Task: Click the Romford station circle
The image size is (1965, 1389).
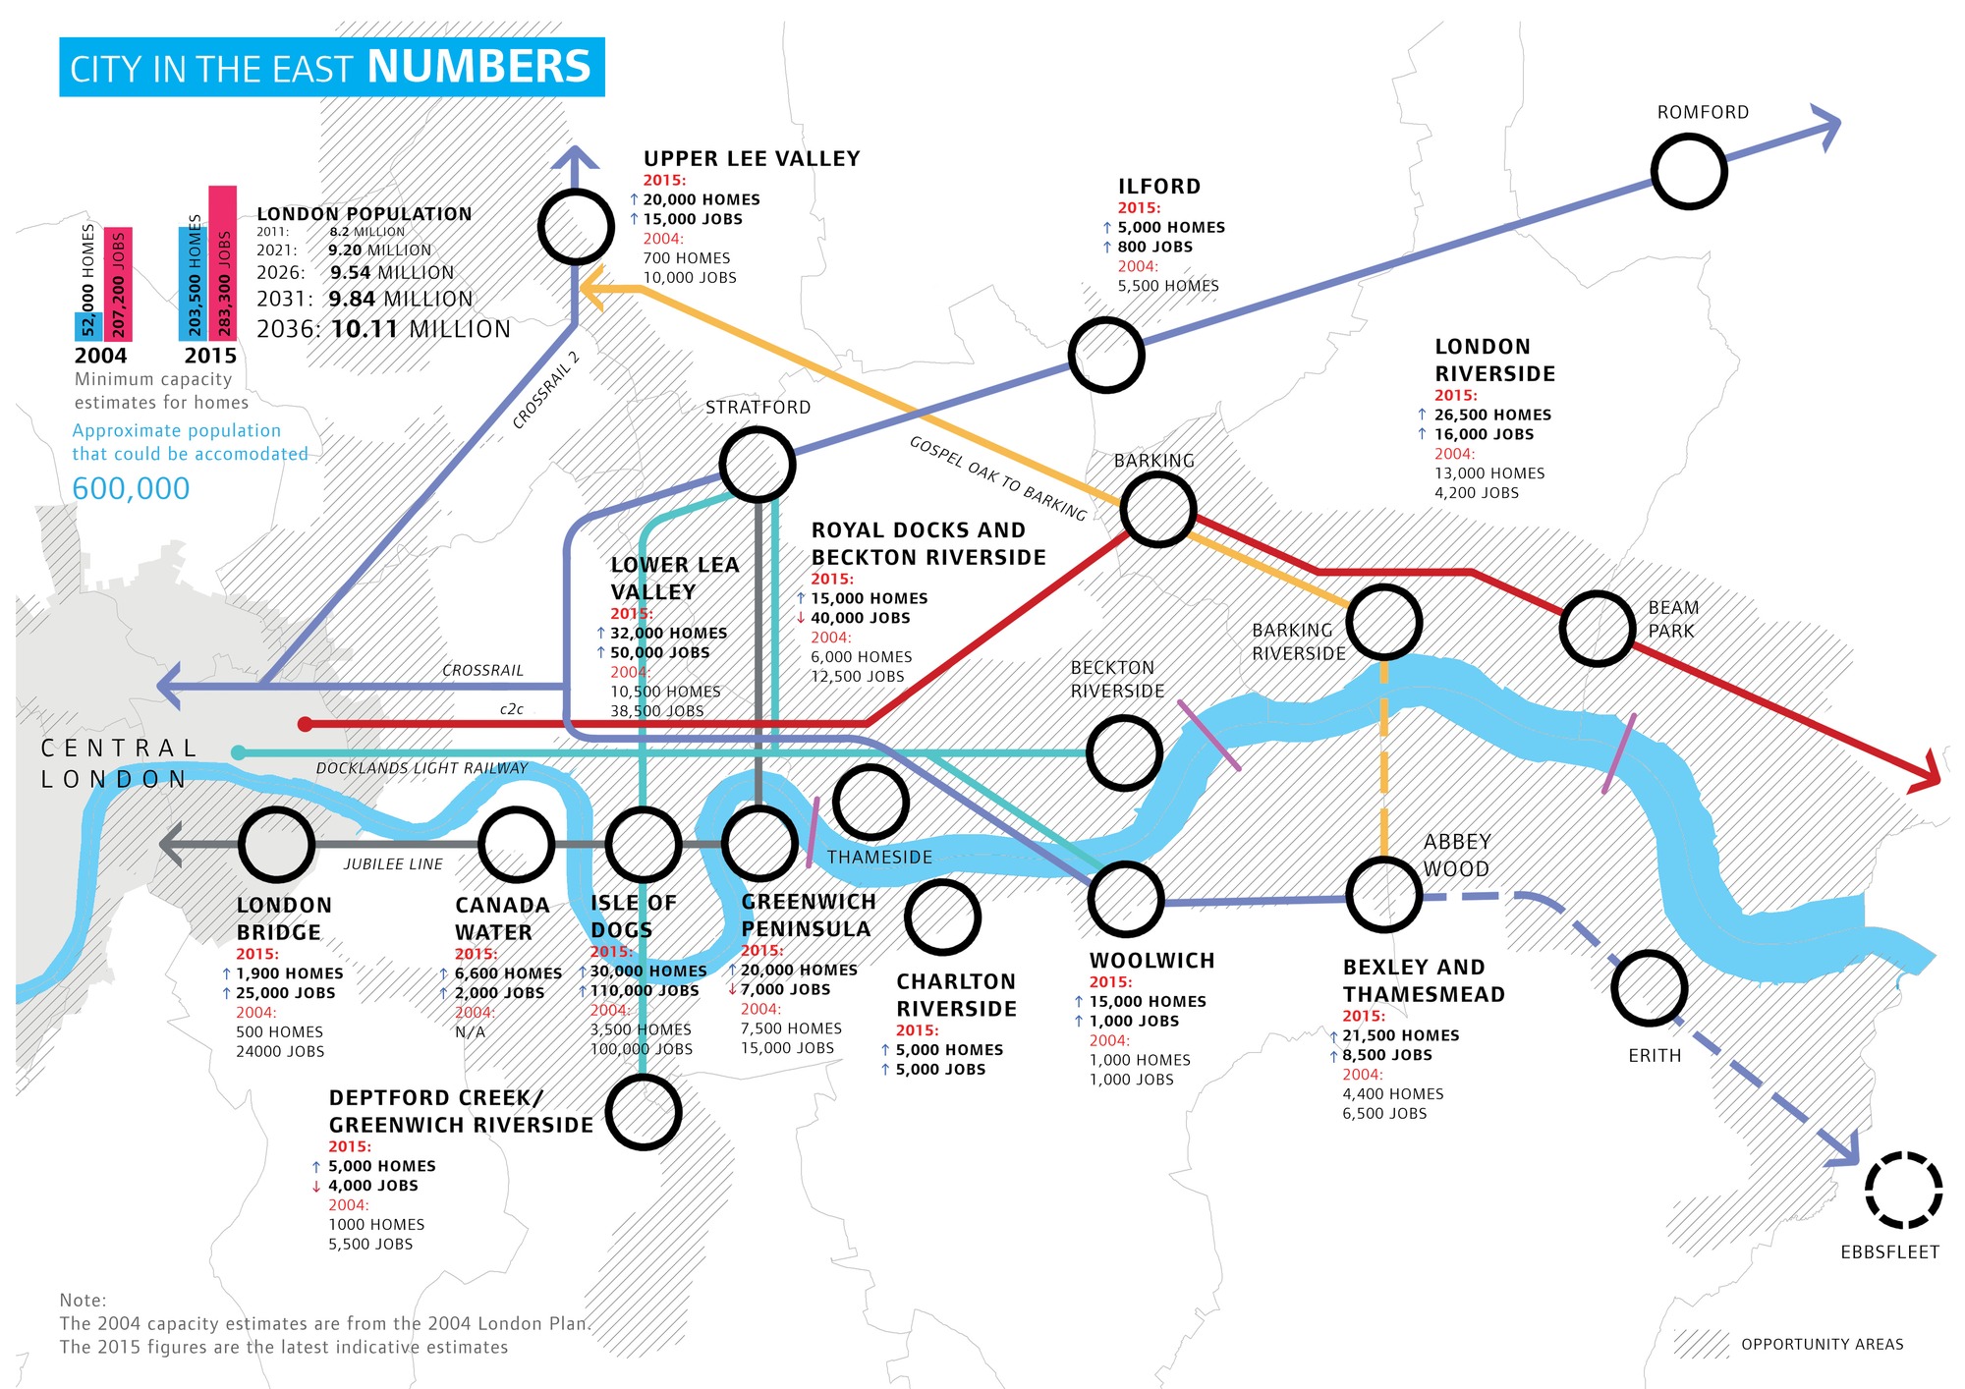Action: tap(1689, 172)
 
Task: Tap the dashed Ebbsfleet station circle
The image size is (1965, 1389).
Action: tap(1903, 1190)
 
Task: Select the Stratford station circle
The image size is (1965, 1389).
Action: tap(757, 465)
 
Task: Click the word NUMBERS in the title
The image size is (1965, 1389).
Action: tap(478, 67)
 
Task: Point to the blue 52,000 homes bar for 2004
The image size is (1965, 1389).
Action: tap(88, 326)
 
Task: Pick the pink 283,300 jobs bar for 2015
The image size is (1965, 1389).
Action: tap(223, 263)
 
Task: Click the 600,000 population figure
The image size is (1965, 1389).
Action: tap(131, 488)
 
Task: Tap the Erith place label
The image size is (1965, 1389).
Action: tap(1655, 1056)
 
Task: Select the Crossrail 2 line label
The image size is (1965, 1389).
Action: tap(546, 391)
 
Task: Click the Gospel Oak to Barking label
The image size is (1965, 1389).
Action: tap(997, 477)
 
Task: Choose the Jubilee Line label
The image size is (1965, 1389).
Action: tap(393, 864)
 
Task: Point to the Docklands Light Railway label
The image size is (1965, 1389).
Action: tap(421, 768)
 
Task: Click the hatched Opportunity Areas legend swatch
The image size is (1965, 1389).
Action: tap(1701, 1344)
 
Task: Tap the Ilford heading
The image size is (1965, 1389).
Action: tap(1159, 187)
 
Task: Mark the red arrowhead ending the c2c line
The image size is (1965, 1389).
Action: tap(1927, 774)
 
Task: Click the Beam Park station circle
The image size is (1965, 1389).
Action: tap(1598, 629)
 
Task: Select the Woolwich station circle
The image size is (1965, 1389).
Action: tap(1125, 899)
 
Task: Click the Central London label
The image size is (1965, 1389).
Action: tap(118, 763)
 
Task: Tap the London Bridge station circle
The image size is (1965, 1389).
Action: tap(276, 845)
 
